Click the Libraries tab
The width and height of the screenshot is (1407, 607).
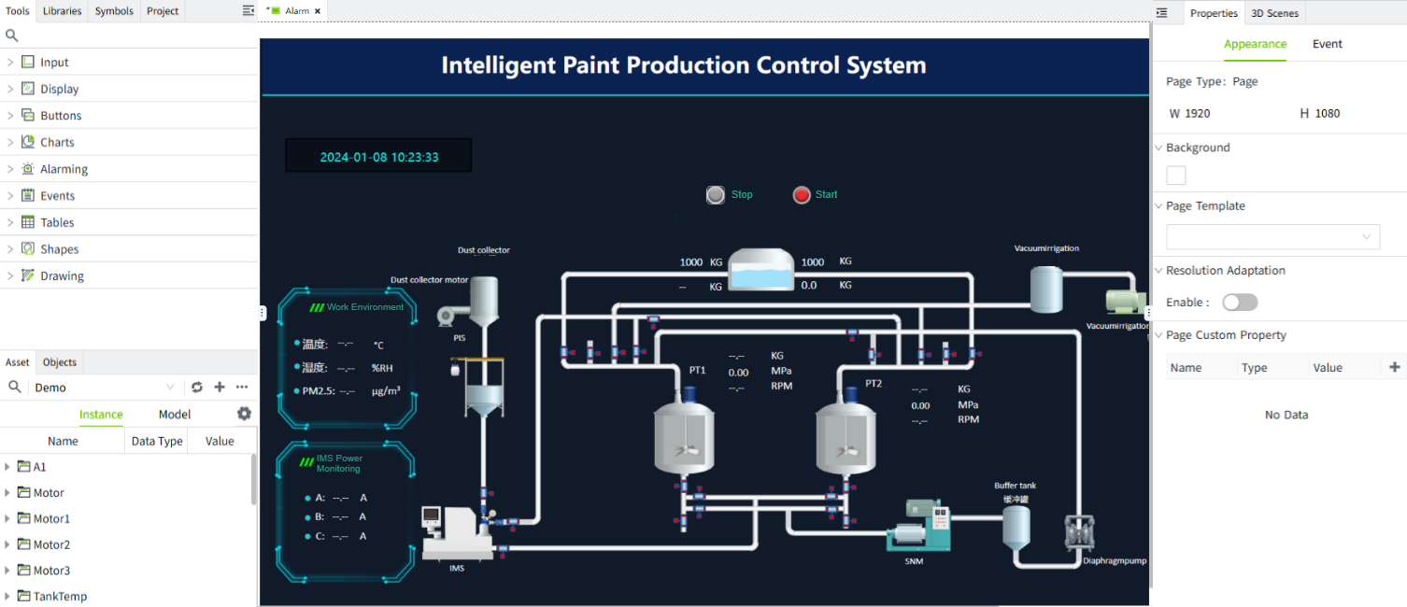click(x=62, y=11)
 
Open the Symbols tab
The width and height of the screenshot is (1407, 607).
click(x=114, y=11)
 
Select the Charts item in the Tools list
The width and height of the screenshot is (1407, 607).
click(x=57, y=142)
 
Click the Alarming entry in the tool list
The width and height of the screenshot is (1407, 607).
click(x=64, y=169)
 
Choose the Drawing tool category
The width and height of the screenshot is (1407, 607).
click(x=62, y=275)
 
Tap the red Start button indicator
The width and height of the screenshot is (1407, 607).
click(x=802, y=195)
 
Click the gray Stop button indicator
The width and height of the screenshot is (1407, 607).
click(x=716, y=195)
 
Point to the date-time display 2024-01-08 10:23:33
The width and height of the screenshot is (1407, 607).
click(x=378, y=157)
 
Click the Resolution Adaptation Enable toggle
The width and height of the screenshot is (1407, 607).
click(x=1240, y=303)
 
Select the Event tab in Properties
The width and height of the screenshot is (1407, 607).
click(x=1327, y=44)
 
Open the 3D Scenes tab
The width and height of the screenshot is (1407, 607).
click(x=1274, y=13)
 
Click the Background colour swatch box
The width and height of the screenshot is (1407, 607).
click(x=1176, y=176)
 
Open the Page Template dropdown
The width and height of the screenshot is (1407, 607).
click(x=1272, y=236)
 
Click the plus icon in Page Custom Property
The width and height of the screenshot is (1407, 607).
click(x=1395, y=367)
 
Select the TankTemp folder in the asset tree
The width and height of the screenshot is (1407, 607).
click(x=60, y=596)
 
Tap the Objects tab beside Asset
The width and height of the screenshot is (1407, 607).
click(x=60, y=362)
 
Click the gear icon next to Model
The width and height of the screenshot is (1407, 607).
click(x=244, y=414)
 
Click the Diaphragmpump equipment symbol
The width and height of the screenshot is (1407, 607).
click(x=1079, y=533)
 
